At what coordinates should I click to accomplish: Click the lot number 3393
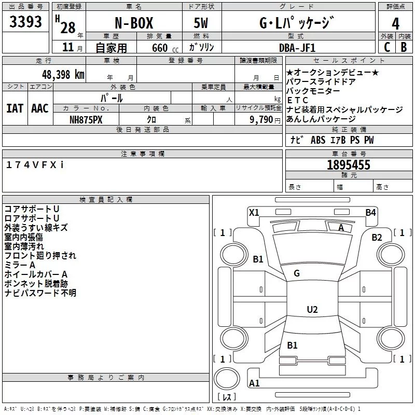tap(26, 22)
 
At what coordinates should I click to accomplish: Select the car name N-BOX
tap(133, 23)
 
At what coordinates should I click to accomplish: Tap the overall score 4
tap(396, 23)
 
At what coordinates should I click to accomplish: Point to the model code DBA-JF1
tap(296, 47)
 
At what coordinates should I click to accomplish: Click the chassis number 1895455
tap(349, 165)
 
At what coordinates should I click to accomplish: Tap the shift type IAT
tap(15, 108)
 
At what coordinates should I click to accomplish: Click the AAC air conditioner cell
tap(40, 108)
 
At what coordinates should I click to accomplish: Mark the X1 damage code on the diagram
tap(254, 212)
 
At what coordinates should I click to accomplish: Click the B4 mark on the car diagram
tap(370, 212)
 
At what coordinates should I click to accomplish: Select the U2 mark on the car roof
tap(312, 310)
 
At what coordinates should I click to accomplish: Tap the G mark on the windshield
tap(297, 273)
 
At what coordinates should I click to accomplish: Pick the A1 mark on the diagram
tap(254, 383)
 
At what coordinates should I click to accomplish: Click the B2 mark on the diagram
tap(377, 238)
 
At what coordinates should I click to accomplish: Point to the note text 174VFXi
tap(35, 164)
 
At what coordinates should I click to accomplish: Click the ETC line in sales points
tap(298, 100)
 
